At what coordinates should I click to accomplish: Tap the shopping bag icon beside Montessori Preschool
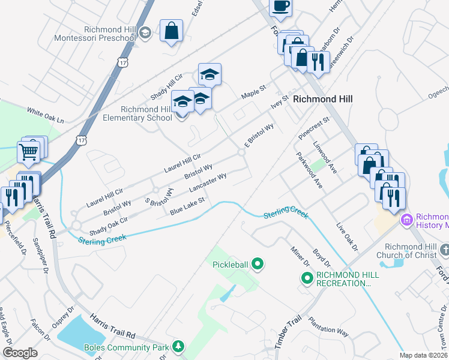click(171, 31)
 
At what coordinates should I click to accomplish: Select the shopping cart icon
click(28, 152)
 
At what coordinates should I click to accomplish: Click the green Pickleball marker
click(258, 263)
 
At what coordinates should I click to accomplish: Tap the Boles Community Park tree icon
click(178, 346)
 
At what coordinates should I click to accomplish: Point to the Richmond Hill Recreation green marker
click(307, 278)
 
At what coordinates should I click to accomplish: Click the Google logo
click(20, 353)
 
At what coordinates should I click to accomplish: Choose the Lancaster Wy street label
click(208, 182)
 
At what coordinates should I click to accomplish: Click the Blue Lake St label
click(187, 206)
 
